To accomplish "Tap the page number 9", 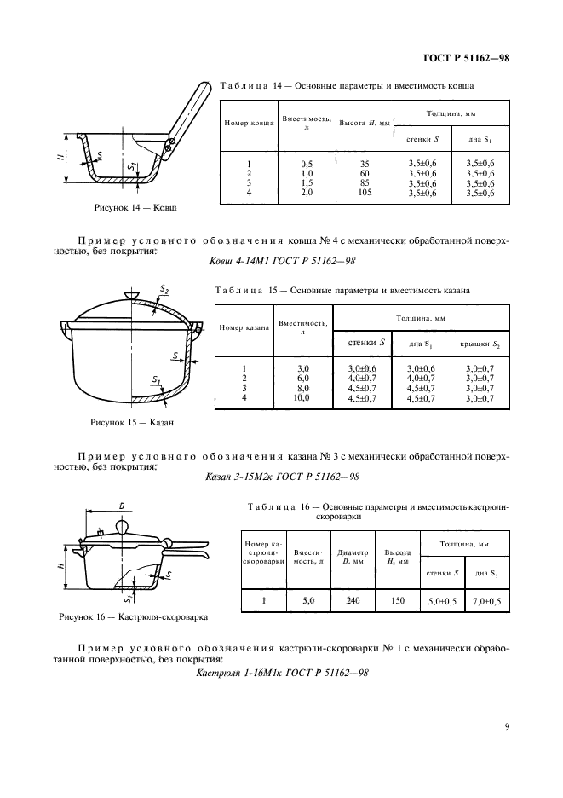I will tap(507, 726).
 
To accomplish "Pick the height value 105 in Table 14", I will tap(365, 193).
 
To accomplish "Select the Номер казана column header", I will tap(244, 327).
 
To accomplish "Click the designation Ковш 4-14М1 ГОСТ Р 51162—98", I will tap(281, 263).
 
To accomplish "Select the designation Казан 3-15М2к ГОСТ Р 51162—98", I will tap(281, 476).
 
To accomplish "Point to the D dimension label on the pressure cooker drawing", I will tap(123, 507).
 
